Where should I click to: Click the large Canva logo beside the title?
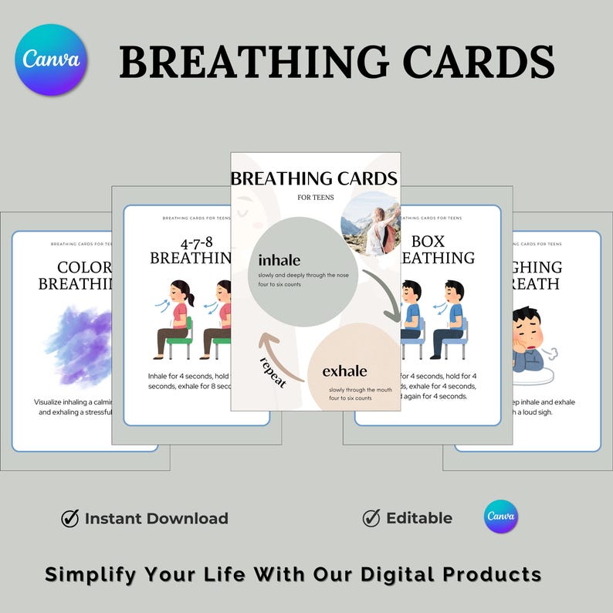51,59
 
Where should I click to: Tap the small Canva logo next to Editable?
501,517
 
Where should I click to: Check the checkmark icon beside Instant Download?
70,518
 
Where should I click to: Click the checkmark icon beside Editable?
371,517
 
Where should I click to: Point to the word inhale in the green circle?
279,260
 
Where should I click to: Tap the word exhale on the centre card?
344,371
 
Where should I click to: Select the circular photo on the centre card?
370,224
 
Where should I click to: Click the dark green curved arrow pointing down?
383,294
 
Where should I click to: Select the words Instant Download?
156,518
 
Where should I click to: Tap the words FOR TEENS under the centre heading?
315,198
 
